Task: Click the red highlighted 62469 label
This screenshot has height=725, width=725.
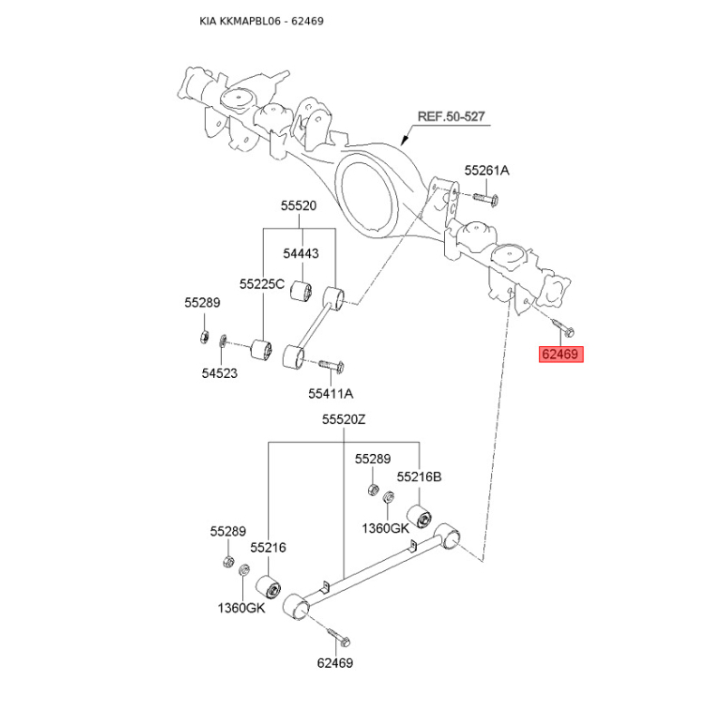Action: (561, 354)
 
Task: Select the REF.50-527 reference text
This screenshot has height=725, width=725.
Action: (450, 117)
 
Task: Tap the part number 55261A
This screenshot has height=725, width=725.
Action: (487, 170)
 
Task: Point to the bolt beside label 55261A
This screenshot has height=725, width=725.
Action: (485, 199)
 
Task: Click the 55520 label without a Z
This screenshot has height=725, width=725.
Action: (299, 206)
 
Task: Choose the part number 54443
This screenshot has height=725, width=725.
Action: (301, 254)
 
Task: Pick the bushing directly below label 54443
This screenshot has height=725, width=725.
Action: (301, 291)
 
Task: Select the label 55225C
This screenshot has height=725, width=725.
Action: (262, 284)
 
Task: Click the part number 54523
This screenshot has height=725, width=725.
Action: (219, 373)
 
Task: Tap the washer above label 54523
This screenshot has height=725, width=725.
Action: (222, 341)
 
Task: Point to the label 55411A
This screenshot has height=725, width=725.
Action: (331, 393)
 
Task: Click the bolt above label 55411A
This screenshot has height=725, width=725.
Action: (331, 366)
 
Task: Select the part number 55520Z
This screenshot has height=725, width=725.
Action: (343, 420)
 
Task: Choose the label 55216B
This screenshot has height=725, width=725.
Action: (419, 477)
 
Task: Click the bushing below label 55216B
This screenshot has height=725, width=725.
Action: (419, 517)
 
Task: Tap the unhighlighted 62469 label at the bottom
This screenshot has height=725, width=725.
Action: (334, 663)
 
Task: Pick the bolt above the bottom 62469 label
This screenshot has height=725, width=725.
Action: (339, 638)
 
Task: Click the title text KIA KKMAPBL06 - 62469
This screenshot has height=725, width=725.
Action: (261, 21)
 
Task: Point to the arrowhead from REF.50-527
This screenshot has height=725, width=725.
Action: (403, 140)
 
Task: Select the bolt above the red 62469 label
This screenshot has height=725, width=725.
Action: (563, 326)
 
